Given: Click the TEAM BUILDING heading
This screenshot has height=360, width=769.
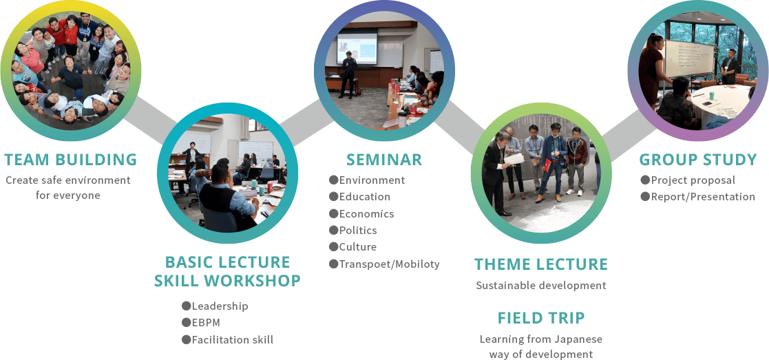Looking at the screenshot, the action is click(71, 160).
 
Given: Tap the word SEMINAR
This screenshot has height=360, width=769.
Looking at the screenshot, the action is click(384, 160).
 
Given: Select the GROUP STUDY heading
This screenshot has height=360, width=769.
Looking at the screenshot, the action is click(698, 160).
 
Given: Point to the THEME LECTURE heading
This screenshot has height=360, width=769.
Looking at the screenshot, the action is click(541, 264).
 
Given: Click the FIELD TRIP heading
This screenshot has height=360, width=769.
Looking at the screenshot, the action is click(541, 318).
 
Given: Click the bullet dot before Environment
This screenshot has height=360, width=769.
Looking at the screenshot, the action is click(333, 180).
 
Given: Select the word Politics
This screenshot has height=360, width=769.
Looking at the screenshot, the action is click(358, 230).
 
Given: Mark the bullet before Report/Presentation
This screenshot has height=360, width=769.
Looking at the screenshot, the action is click(645, 197).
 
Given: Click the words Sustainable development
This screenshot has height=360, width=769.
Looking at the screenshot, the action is click(541, 286).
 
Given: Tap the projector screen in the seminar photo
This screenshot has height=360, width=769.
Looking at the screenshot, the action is click(357, 48).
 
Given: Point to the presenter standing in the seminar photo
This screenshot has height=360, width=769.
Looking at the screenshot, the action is click(348, 74).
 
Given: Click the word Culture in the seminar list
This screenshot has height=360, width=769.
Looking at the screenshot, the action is click(357, 246).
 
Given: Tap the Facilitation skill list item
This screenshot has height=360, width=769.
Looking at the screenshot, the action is click(233, 339).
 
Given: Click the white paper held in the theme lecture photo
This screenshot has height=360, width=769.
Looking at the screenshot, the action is click(514, 158).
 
